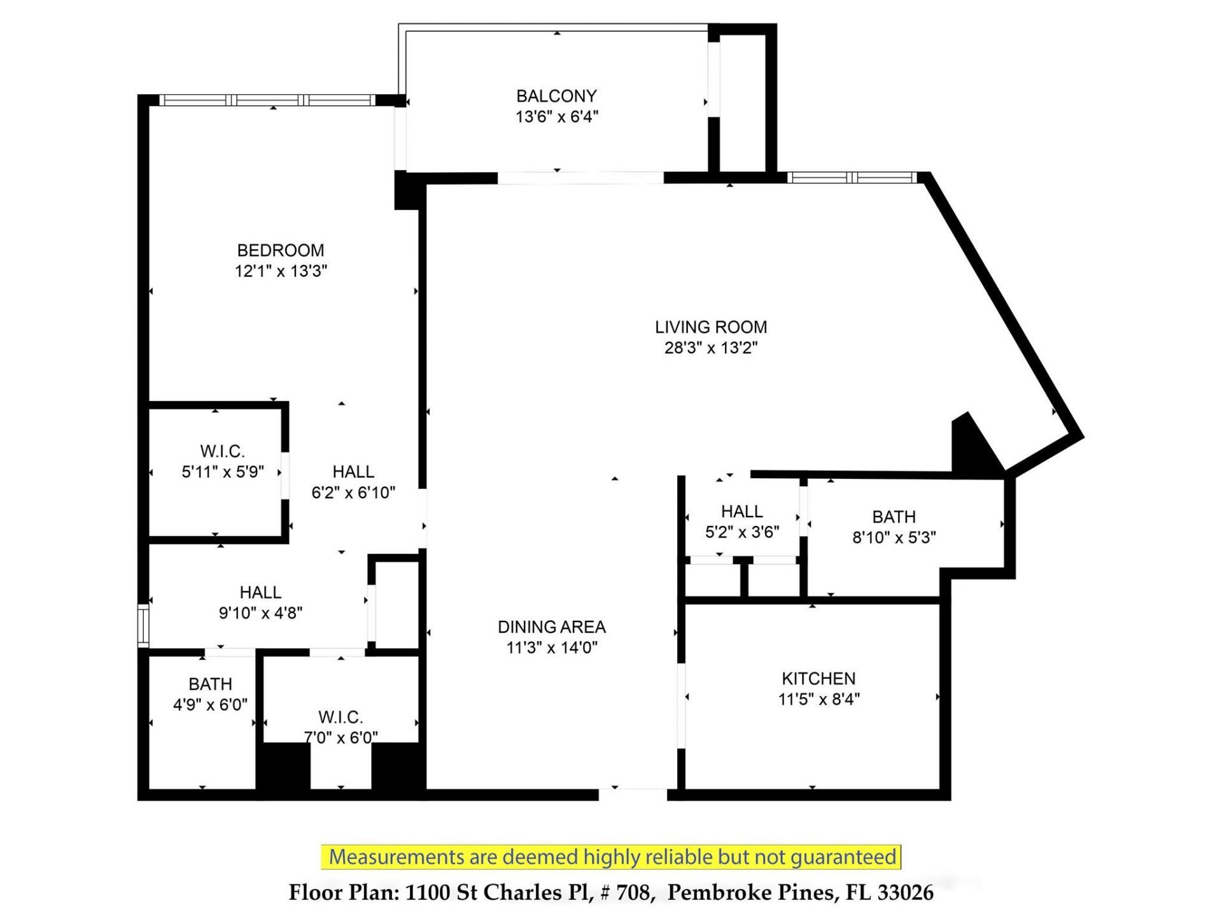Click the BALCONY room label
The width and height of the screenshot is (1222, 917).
pyautogui.click(x=556, y=96)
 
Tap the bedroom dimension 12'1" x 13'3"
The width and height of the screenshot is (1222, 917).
pyautogui.click(x=281, y=271)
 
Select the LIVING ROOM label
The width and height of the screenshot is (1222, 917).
pyautogui.click(x=711, y=327)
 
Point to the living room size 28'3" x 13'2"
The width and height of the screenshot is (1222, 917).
pyautogui.click(x=711, y=348)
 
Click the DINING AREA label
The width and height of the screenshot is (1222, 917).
pyautogui.click(x=551, y=627)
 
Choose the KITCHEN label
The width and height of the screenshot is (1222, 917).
pyautogui.click(x=818, y=678)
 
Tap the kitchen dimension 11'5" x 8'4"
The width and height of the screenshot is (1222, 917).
pyautogui.click(x=818, y=699)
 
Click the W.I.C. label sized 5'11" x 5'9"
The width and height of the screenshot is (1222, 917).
pyautogui.click(x=222, y=451)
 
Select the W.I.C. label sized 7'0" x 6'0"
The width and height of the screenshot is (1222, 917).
pyautogui.click(x=341, y=717)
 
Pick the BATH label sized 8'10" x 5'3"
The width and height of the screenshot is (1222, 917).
pyautogui.click(x=894, y=516)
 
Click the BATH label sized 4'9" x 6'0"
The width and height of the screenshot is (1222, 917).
pyautogui.click(x=210, y=684)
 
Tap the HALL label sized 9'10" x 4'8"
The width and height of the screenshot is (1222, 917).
pyautogui.click(x=260, y=592)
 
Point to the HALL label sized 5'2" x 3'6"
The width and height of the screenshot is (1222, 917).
pyautogui.click(x=741, y=511)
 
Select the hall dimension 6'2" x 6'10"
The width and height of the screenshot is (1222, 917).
pyautogui.click(x=353, y=492)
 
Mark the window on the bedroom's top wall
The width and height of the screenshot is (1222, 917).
pyautogui.click(x=267, y=100)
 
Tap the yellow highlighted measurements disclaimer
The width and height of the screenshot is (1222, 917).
pyautogui.click(x=612, y=857)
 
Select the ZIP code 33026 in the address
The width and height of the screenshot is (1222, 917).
pyautogui.click(x=905, y=892)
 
